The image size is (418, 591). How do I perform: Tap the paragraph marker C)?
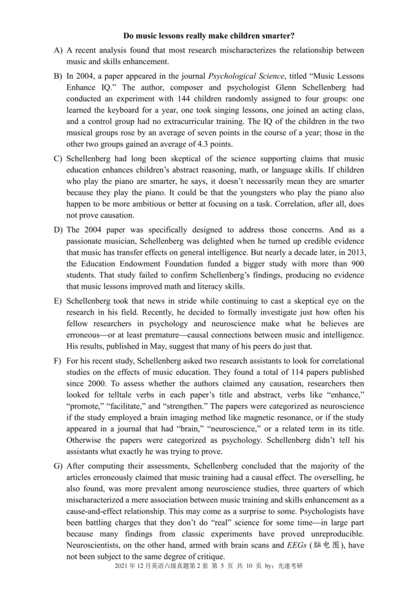click(58, 158)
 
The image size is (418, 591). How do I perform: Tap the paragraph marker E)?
click(58, 301)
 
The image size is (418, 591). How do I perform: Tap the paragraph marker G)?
click(58, 466)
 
